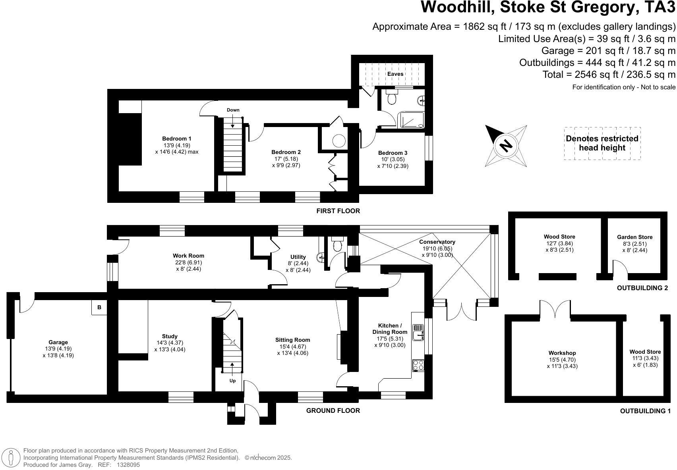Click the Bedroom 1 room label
pyautogui.click(x=177, y=139)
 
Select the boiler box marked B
pyautogui.click(x=99, y=307)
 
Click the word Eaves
pyautogui.click(x=395, y=74)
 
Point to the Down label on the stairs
pyautogui.click(x=233, y=110)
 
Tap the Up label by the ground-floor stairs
pyautogui.click(x=232, y=381)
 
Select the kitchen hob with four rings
pyautogui.click(x=418, y=365)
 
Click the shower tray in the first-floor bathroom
pyautogui.click(x=412, y=120)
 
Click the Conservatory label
pyautogui.click(x=437, y=242)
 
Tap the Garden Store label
pyautogui.click(x=634, y=237)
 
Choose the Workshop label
pyautogui.click(x=562, y=353)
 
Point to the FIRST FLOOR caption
pyautogui.click(x=338, y=211)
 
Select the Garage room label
pyautogui.click(x=58, y=342)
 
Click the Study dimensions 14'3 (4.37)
pyautogui.click(x=170, y=343)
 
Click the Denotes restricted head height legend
pyautogui.click(x=602, y=143)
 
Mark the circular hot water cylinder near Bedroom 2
pyautogui.click(x=339, y=141)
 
